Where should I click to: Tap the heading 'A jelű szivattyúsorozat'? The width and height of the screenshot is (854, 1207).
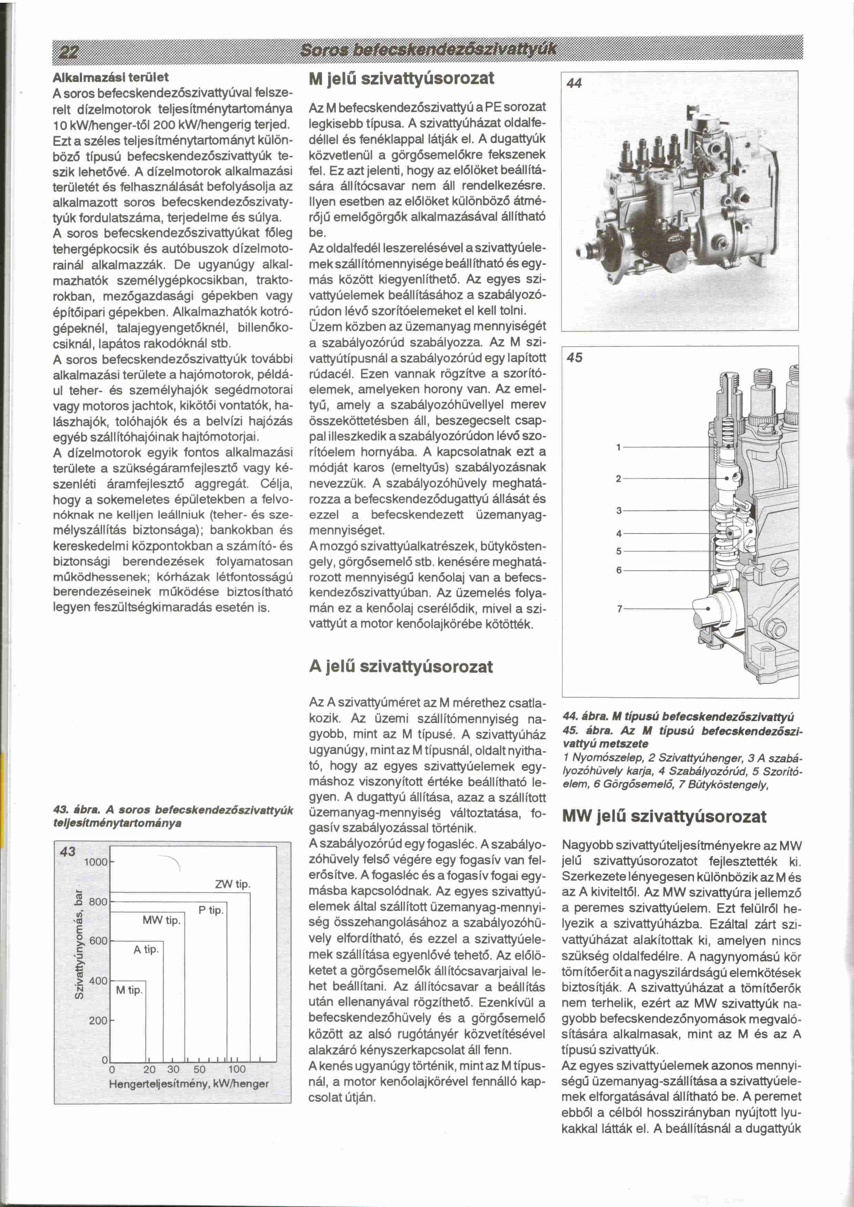click(x=401, y=667)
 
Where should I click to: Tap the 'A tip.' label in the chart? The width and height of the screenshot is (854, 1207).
click(x=146, y=950)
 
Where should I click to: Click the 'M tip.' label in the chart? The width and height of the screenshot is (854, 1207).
click(x=129, y=990)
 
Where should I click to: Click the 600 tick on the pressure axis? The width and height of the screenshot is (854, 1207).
click(x=98, y=941)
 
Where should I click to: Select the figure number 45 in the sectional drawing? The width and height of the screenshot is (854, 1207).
click(x=575, y=358)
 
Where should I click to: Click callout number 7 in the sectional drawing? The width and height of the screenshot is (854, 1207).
click(x=619, y=609)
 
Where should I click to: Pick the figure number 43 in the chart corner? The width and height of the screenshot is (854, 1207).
click(x=68, y=851)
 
